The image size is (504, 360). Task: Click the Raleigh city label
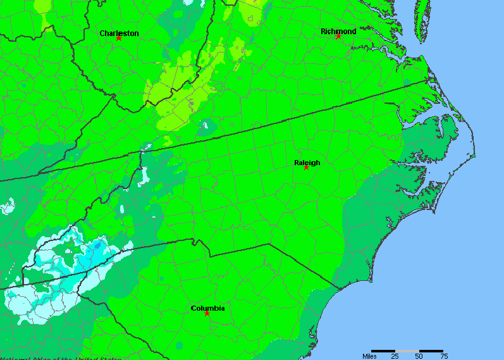click(x=307, y=163)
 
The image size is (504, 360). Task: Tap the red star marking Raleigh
click(x=306, y=168)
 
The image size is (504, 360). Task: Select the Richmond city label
click(x=338, y=31)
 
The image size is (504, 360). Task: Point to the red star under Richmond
click(x=338, y=36)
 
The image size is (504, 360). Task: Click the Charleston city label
click(x=119, y=33)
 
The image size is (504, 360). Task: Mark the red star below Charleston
click(x=118, y=38)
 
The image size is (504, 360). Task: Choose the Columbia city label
click(x=207, y=308)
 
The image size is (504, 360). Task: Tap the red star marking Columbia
click(x=207, y=313)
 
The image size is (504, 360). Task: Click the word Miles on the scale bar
click(x=370, y=356)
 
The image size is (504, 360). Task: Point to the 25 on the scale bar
click(x=395, y=356)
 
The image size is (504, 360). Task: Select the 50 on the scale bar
click(x=419, y=356)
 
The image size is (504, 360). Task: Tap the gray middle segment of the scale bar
click(x=407, y=351)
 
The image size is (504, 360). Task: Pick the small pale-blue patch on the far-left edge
click(x=8, y=206)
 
